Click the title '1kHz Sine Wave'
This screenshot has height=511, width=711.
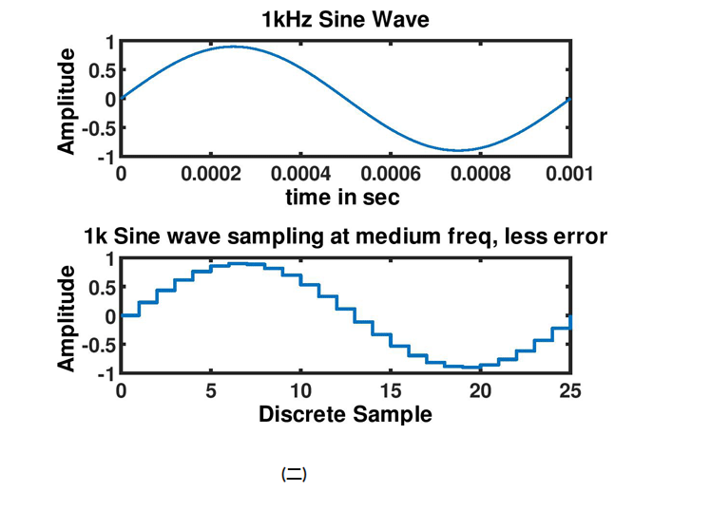pyautogui.click(x=346, y=19)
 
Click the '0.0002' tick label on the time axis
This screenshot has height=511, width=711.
pyautogui.click(x=211, y=174)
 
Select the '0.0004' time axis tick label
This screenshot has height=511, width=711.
pyautogui.click(x=300, y=174)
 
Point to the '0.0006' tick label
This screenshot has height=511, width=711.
pyautogui.click(x=391, y=174)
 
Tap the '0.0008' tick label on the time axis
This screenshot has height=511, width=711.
pyautogui.click(x=480, y=174)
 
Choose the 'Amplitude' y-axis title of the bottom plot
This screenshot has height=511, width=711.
pyautogui.click(x=67, y=317)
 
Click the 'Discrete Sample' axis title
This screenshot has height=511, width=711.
pyautogui.click(x=345, y=415)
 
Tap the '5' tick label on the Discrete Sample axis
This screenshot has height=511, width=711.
pyautogui.click(x=211, y=391)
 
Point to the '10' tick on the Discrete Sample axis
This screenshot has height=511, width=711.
pyautogui.click(x=300, y=391)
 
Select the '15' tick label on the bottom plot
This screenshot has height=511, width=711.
pyautogui.click(x=391, y=391)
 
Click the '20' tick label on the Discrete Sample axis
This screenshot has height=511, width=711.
pyautogui.click(x=480, y=391)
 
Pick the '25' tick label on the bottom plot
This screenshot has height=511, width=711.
pyautogui.click(x=567, y=391)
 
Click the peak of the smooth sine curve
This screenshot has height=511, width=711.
pyautogui.click(x=233, y=47)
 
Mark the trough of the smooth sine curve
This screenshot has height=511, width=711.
pyautogui.click(x=457, y=150)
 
